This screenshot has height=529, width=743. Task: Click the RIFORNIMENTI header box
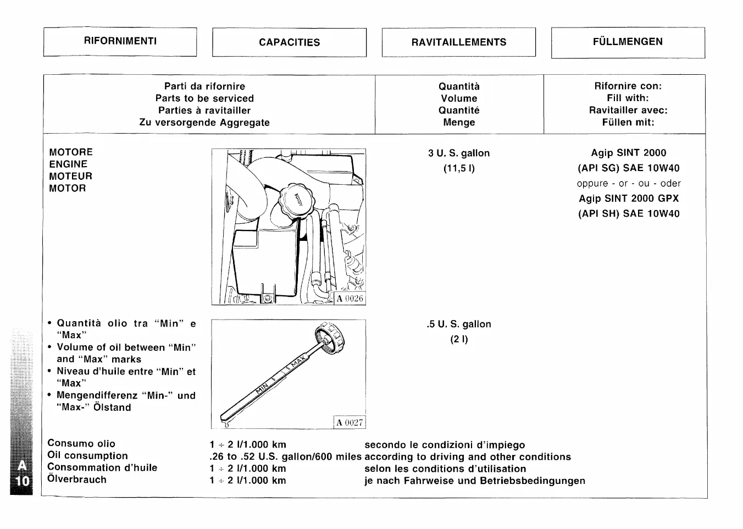[120, 41]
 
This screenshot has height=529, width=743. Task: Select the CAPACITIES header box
[289, 42]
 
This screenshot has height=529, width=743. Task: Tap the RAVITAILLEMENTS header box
[458, 42]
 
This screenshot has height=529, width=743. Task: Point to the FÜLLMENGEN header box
[628, 42]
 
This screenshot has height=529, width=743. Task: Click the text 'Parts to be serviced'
[204, 98]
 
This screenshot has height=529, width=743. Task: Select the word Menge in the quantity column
[459, 123]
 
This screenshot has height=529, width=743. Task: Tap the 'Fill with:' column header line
[628, 98]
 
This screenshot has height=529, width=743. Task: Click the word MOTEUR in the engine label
[70, 177]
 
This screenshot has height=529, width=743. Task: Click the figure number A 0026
[350, 299]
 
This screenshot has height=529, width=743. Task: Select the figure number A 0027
[350, 422]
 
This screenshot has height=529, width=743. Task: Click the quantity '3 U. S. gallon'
[459, 153]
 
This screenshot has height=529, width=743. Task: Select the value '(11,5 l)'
[459, 168]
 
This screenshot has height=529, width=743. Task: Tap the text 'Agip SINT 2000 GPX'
[628, 199]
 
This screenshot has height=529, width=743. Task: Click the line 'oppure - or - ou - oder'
[628, 184]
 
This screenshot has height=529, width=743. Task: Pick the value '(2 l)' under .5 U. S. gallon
[459, 339]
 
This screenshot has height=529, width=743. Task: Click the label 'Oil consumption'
[87, 456]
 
